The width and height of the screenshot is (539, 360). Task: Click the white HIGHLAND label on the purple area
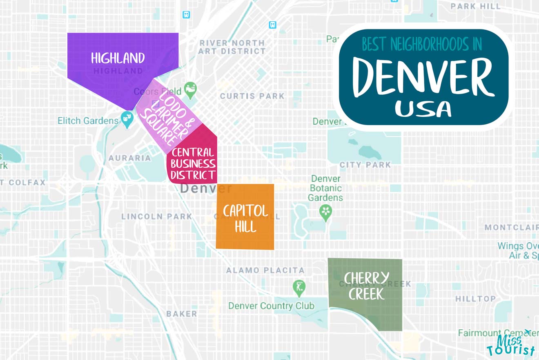(x=118, y=58)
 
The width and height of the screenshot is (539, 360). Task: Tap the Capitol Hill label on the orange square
(x=245, y=218)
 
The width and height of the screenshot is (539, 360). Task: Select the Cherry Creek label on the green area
(x=366, y=286)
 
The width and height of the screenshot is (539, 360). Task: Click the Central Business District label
(x=193, y=164)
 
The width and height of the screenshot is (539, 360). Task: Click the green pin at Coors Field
(x=190, y=88)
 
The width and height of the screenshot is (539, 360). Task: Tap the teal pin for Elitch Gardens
(x=128, y=121)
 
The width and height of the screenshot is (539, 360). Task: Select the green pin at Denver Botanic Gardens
(x=325, y=212)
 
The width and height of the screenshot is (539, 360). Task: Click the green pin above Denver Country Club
(x=299, y=287)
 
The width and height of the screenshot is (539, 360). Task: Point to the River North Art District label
(x=232, y=47)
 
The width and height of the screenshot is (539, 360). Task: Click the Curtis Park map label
(x=252, y=96)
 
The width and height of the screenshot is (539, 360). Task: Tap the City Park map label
(x=365, y=165)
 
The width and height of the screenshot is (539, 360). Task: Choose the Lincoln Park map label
(x=156, y=216)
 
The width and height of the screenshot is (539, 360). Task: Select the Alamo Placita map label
(x=265, y=270)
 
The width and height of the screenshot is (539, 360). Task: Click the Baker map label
(x=182, y=314)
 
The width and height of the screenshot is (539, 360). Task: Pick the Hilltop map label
(x=475, y=299)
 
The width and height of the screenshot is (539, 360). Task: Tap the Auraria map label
(x=130, y=158)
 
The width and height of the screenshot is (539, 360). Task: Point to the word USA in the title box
(x=423, y=109)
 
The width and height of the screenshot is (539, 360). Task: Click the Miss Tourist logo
(x=511, y=344)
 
